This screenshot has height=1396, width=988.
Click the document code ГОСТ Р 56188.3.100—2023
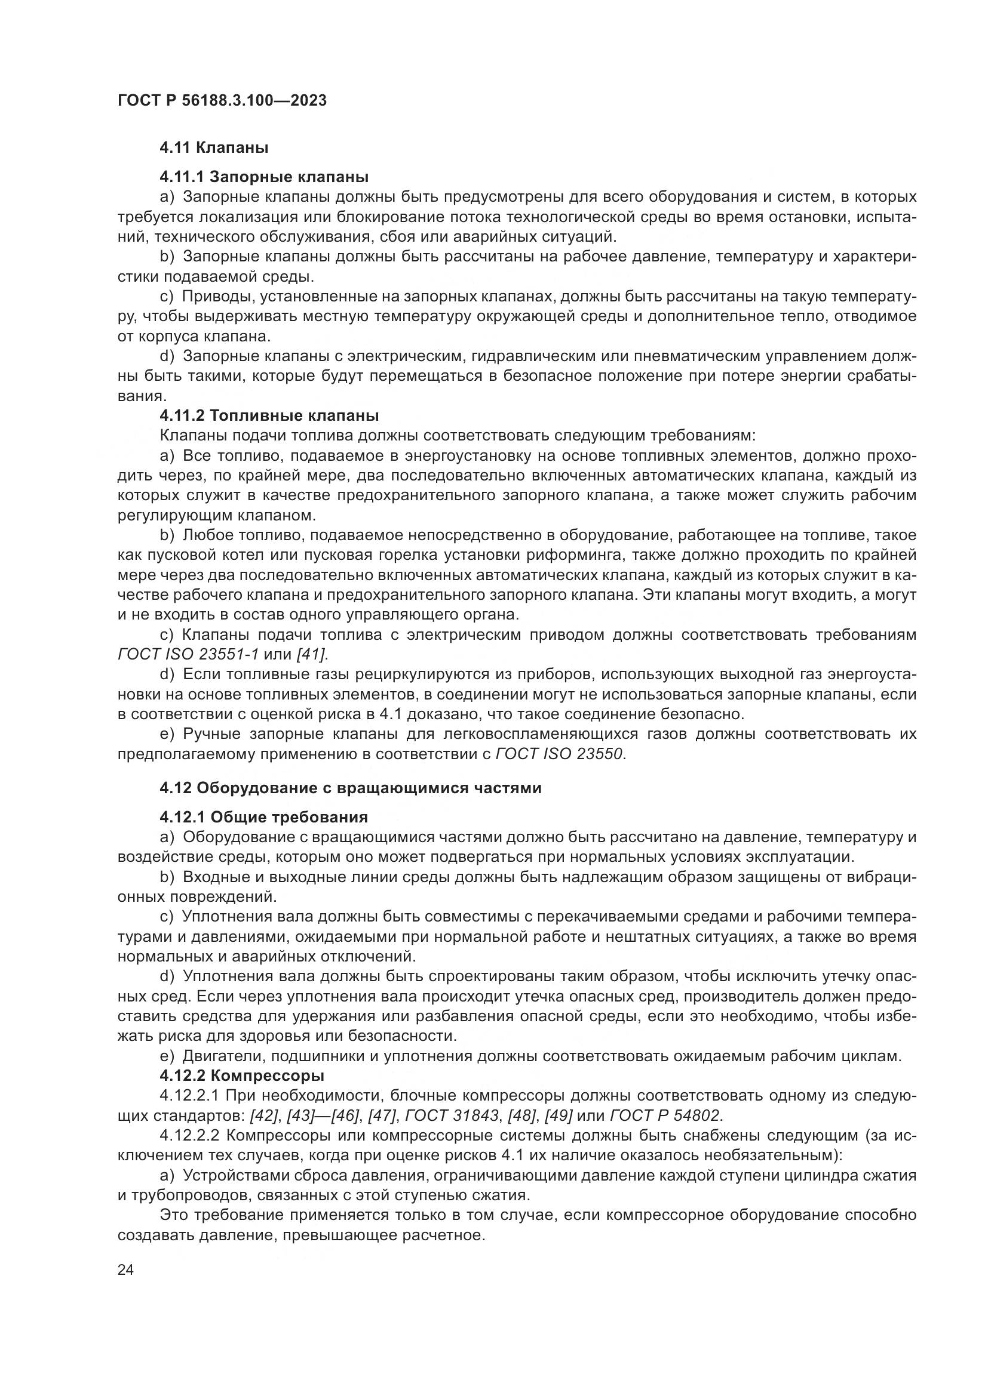pyautogui.click(x=222, y=100)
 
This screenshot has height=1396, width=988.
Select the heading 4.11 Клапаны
pyautogui.click(x=214, y=147)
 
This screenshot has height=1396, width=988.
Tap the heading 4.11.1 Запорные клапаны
pyautogui.click(x=264, y=177)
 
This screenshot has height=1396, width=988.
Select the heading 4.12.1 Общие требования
pyautogui.click(x=263, y=817)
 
